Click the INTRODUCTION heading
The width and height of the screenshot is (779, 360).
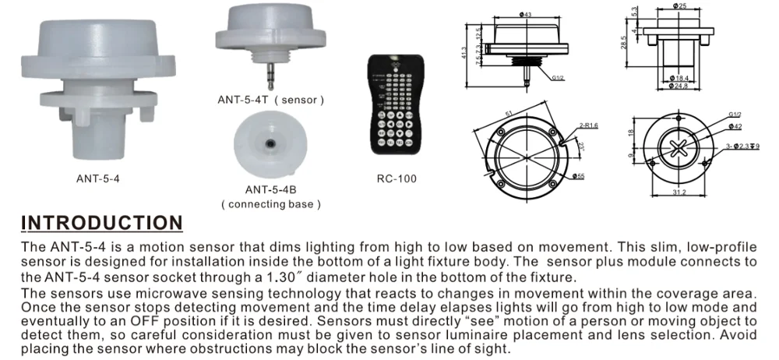point(101,224)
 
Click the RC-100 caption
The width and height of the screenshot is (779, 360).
point(397,178)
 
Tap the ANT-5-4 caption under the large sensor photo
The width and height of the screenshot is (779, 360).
point(97,178)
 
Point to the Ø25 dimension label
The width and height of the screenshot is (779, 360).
point(681,7)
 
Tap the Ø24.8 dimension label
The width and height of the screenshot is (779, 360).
point(681,86)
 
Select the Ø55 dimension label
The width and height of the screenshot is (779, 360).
point(579,176)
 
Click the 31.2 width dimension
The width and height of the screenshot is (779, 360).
point(680,193)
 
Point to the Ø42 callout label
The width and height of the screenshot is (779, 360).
point(735,126)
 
